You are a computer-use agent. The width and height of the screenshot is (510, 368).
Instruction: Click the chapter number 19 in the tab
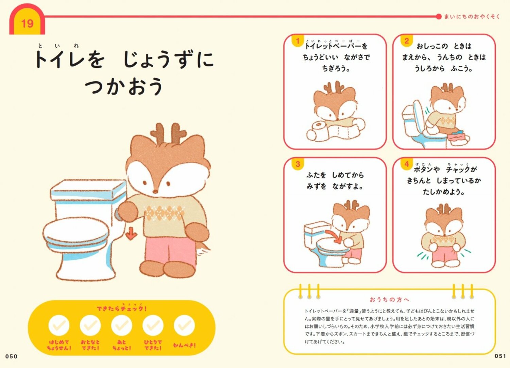[27, 23]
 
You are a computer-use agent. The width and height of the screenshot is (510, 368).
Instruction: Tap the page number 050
[11, 356]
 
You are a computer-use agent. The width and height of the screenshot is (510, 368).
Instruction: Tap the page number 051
[500, 356]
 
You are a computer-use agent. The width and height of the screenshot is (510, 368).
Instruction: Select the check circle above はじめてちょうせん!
[59, 325]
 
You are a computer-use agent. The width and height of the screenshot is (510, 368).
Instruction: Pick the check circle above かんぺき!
[184, 325]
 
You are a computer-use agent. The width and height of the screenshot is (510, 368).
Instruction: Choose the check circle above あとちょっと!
[122, 325]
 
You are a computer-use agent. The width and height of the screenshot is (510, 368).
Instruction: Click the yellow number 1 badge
[297, 41]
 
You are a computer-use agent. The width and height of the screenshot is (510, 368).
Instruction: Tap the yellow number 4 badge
[406, 164]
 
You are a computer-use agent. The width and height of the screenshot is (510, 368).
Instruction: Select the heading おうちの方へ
[390, 300]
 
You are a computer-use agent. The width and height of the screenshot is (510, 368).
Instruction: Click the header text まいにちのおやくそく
[472, 16]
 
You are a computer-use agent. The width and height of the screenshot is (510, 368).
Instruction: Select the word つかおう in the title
[124, 86]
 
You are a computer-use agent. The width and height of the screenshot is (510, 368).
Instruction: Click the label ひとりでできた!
[153, 345]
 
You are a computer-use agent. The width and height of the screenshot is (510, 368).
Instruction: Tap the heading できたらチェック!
[122, 308]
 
